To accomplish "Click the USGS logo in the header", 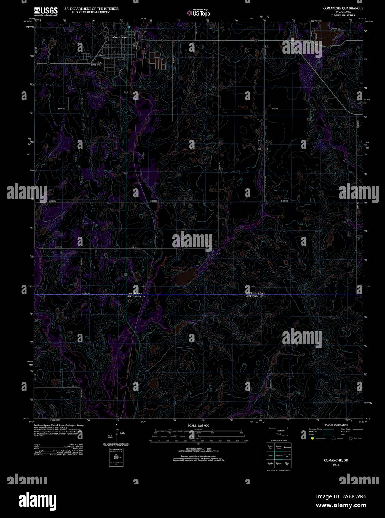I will coord(46,12).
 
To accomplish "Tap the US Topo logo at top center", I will coord(198,13).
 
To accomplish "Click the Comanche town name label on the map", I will coord(120,38).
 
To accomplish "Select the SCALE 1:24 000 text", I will coord(198,426).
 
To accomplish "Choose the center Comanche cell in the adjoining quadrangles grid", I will coord(278,455).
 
